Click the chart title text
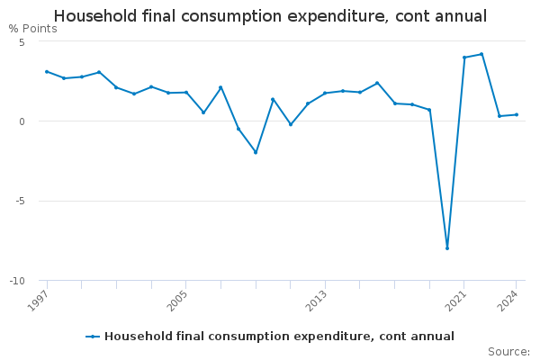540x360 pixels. click(270, 16)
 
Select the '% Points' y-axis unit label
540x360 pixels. click(33, 29)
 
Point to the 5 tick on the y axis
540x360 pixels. click(22, 42)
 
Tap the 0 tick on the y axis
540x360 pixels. click(22, 121)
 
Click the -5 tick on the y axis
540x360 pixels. click(21, 201)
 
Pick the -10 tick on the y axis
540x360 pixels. click(18, 281)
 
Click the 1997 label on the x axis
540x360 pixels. click(38, 301)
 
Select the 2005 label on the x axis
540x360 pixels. click(177, 301)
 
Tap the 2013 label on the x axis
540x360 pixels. click(317, 301)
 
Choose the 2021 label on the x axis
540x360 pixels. click(455, 301)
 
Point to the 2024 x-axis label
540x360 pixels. click(508, 301)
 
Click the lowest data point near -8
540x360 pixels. click(447, 248)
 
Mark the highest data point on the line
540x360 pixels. click(481, 54)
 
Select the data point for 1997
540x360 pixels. click(47, 72)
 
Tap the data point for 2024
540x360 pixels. click(517, 114)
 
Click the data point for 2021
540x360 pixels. click(464, 58)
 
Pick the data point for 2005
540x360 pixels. click(186, 93)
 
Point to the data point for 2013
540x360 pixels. click(325, 93)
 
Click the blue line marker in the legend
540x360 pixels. click(93, 337)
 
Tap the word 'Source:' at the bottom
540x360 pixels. click(509, 352)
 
